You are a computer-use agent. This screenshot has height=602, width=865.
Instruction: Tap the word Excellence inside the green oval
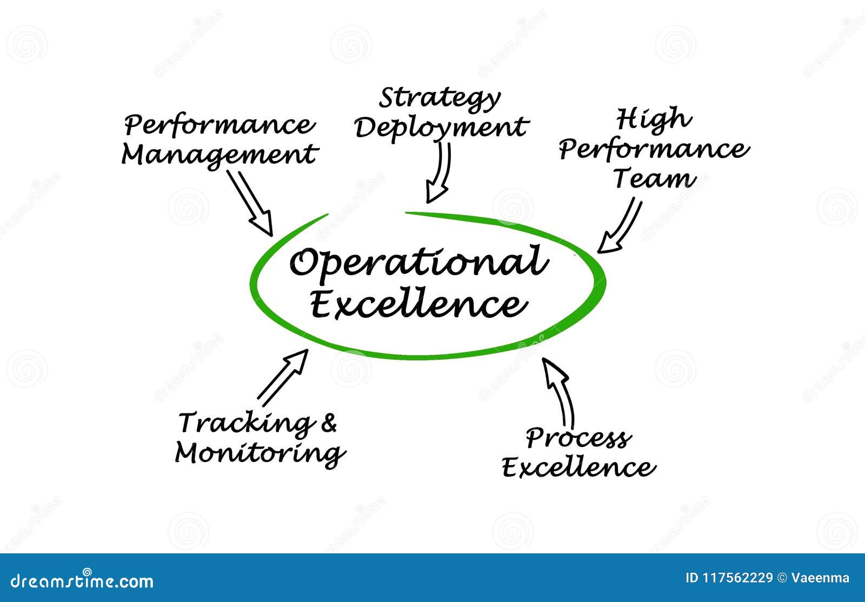pyautogui.click(x=418, y=304)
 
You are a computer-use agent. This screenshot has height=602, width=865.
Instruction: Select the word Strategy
pyautogui.click(x=440, y=99)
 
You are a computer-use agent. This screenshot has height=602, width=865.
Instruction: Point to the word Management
pyautogui.click(x=219, y=156)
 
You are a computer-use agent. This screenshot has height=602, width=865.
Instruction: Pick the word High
pyautogui.click(x=654, y=119)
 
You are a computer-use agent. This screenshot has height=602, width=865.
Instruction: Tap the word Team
pyautogui.click(x=655, y=179)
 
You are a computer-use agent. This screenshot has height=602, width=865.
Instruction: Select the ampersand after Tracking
pyautogui.click(x=329, y=423)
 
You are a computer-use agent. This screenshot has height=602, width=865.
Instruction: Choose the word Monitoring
pyautogui.click(x=260, y=454)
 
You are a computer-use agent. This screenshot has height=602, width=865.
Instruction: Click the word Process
pyautogui.click(x=578, y=439)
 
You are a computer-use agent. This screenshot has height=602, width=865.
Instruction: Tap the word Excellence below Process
pyautogui.click(x=579, y=467)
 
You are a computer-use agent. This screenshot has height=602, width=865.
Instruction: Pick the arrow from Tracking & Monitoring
pyautogui.click(x=283, y=378)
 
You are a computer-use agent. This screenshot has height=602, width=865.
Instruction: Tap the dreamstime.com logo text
pyautogui.click(x=82, y=580)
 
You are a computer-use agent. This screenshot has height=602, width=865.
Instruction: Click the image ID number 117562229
pyautogui.click(x=737, y=578)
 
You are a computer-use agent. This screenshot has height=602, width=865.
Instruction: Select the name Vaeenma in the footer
pyautogui.click(x=820, y=578)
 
